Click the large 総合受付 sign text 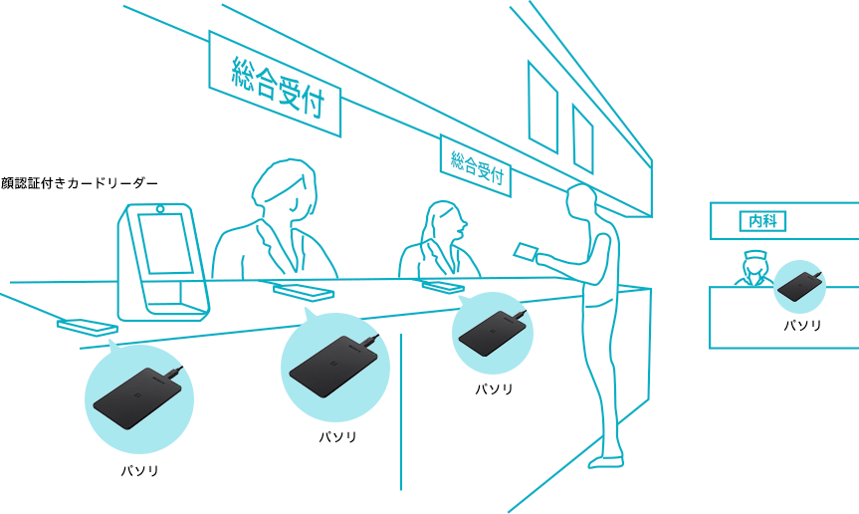coord(279,88)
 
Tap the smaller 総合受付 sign coord(476,165)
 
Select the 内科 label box coord(762,221)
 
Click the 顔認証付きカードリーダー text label coord(80,183)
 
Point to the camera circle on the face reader coord(160,208)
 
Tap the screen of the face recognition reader coord(165,243)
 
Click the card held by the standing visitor coord(526,251)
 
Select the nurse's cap coord(753,256)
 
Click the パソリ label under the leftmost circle coord(139,471)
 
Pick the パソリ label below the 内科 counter coord(802,326)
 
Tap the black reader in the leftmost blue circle coord(137,396)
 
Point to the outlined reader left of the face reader coord(88,327)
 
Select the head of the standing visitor coord(581,201)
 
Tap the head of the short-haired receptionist coord(285,188)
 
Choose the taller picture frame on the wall coord(542,107)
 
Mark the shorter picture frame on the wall coord(583,138)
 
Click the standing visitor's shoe coord(606,462)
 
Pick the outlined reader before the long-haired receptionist coord(443,286)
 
